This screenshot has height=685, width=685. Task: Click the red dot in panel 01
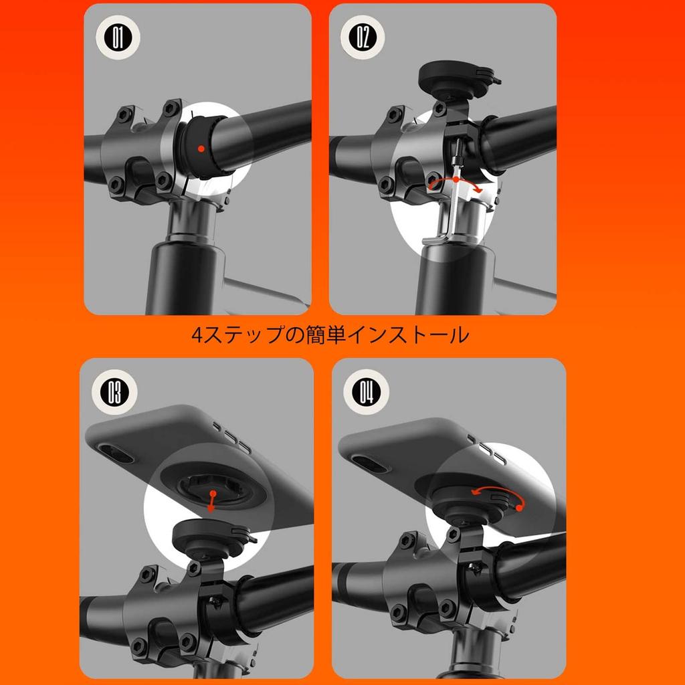click(201, 147)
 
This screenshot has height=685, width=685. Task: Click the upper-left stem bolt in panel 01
click(124, 116)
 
